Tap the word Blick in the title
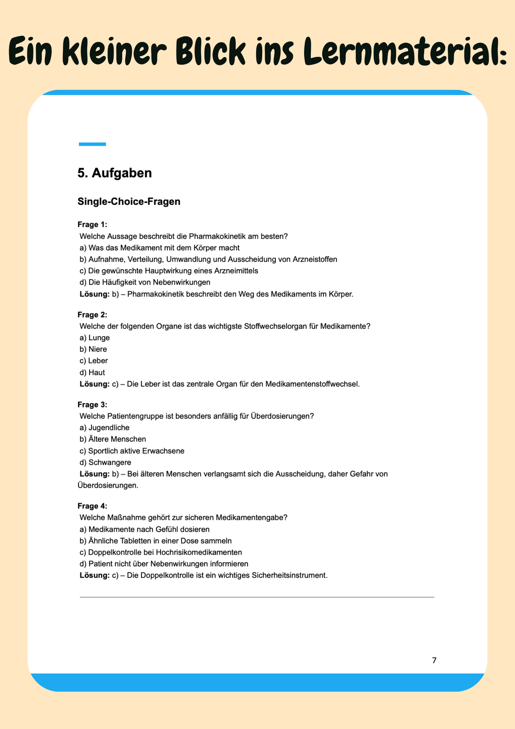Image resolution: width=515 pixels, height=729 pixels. (211, 51)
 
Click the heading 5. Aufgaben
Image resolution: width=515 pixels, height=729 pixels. (115, 173)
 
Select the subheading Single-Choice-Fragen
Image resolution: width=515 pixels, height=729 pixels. (129, 202)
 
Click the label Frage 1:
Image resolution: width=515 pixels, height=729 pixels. (92, 225)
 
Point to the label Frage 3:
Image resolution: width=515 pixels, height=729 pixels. (92, 405)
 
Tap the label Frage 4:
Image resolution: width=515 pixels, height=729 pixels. (92, 506)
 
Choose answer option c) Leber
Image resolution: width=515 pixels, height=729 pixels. (94, 361)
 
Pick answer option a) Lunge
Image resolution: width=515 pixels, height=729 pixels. (95, 338)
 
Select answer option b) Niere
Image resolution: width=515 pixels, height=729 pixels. (93, 349)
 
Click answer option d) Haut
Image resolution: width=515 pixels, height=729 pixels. (92, 372)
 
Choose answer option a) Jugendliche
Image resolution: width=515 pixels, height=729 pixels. (104, 428)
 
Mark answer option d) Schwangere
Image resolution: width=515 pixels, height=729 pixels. (105, 462)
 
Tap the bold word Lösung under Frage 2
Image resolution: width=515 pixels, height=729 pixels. (94, 384)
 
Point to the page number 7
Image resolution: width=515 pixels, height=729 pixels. (434, 660)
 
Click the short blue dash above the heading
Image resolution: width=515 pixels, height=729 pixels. (92, 144)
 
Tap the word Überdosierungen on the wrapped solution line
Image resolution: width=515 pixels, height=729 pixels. (107, 485)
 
